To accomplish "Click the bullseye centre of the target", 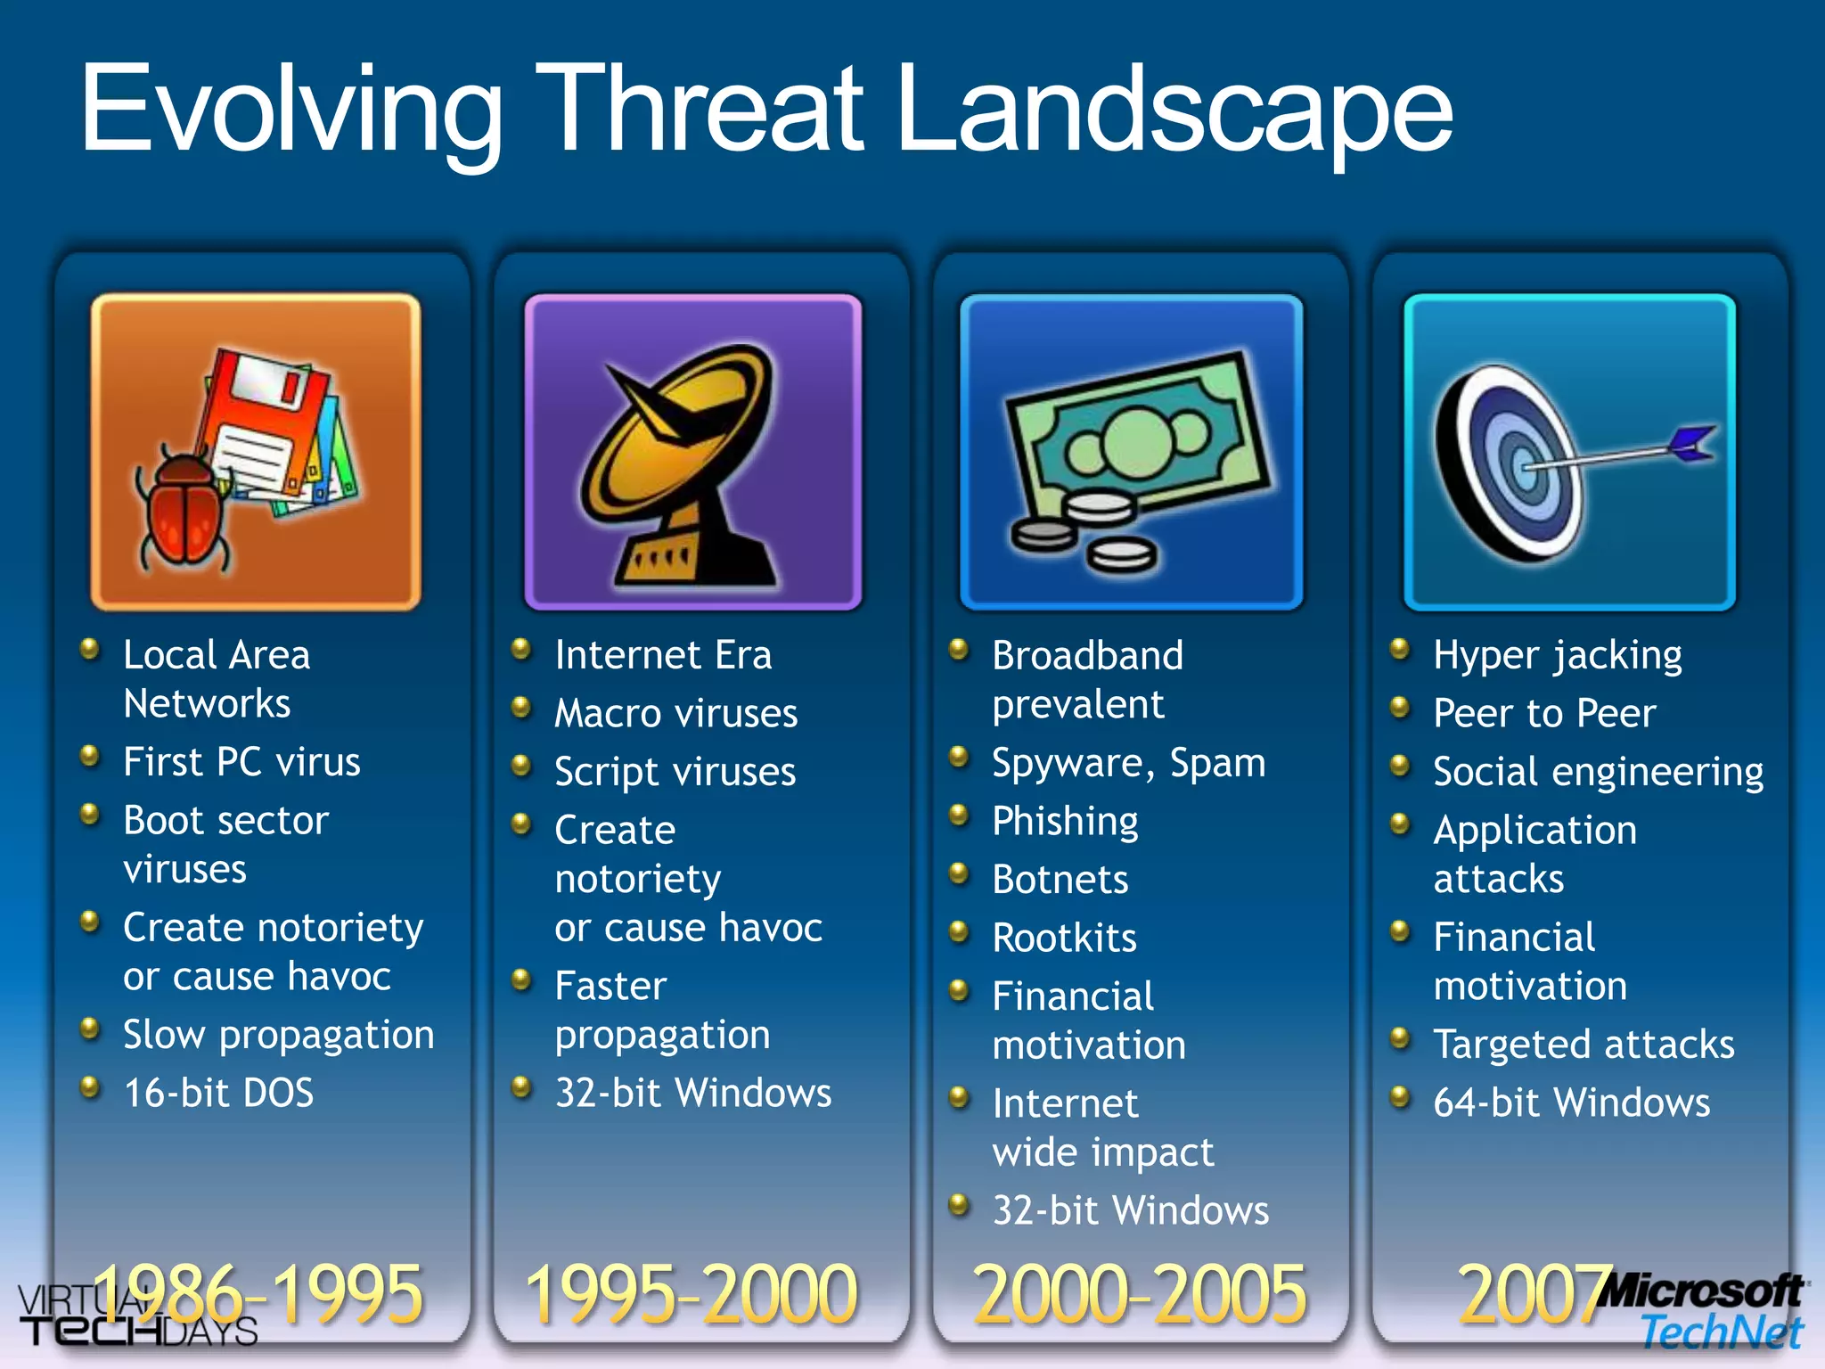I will coord(1526,466).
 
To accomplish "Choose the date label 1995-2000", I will coord(692,1294).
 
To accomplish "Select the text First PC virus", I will coord(241,762).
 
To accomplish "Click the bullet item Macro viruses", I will coord(675,713).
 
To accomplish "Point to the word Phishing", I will coord(1065,821).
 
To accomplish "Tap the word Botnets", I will coord(1060,880).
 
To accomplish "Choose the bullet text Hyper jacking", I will coord(1557,656).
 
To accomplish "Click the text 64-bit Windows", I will coord(1571,1103).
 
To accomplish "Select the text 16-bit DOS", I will coord(218,1093).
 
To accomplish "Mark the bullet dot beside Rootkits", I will coord(959,932).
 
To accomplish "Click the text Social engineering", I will coord(1598,772).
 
